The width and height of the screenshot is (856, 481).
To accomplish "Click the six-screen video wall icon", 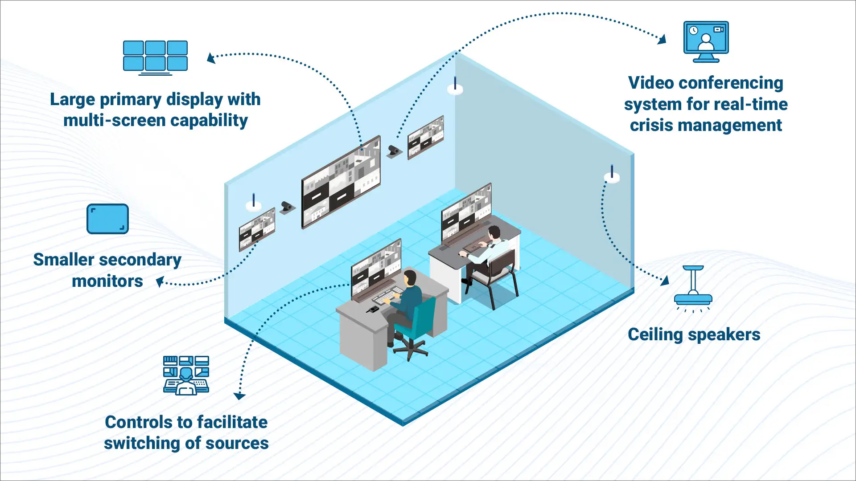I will pyautogui.click(x=155, y=57).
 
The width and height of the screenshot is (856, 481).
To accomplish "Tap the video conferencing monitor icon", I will pyautogui.click(x=706, y=41).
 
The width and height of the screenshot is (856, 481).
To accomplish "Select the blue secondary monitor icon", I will pyautogui.click(x=107, y=219).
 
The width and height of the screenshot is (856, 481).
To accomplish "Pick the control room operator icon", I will pyautogui.click(x=186, y=375).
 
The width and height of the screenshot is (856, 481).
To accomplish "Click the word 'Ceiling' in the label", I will pyautogui.click(x=655, y=335).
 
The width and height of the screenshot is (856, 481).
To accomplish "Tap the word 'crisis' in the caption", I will pyautogui.click(x=651, y=126).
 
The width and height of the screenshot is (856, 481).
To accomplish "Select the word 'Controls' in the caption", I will pyautogui.click(x=138, y=422).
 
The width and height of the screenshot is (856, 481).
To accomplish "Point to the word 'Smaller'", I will pyautogui.click(x=64, y=260).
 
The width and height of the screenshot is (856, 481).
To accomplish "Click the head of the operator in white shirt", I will pyautogui.click(x=494, y=232).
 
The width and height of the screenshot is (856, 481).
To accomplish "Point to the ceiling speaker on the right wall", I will pyautogui.click(x=612, y=175).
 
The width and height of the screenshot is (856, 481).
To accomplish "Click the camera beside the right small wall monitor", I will pyautogui.click(x=394, y=151).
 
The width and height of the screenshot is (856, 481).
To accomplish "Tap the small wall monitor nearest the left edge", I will pyautogui.click(x=257, y=229).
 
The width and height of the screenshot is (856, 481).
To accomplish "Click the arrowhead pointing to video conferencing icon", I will pyautogui.click(x=662, y=39).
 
